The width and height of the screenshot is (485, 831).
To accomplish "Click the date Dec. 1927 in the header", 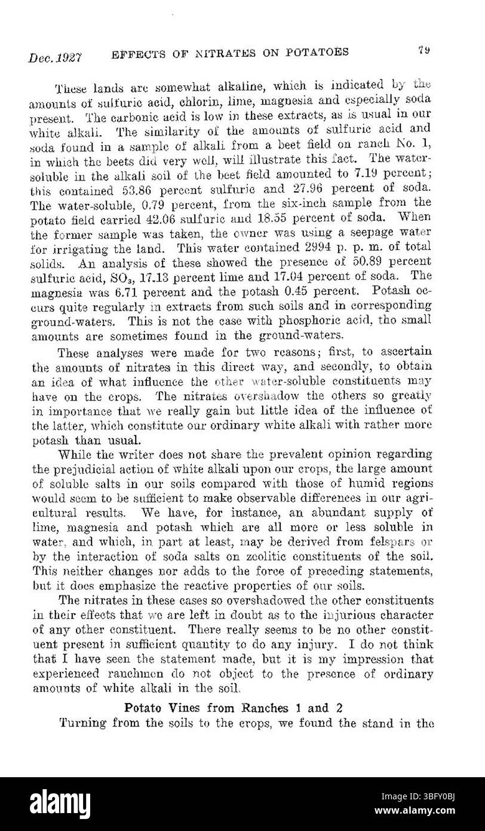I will (54, 58).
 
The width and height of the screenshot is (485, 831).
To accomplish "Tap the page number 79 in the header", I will (425, 51).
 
